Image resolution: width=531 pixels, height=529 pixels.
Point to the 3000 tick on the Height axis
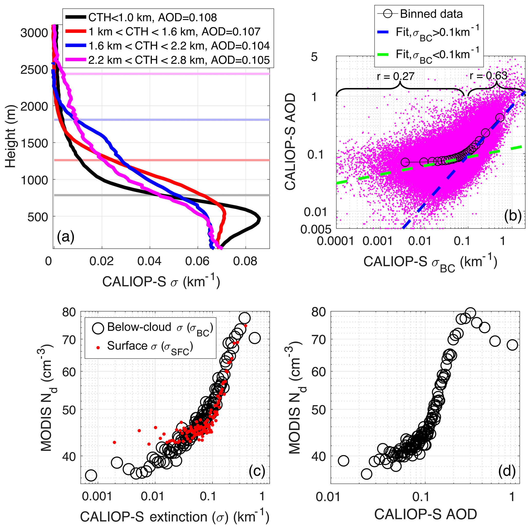click(34, 33)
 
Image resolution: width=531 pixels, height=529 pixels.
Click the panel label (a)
click(66, 237)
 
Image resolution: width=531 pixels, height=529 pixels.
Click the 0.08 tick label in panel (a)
click(245, 261)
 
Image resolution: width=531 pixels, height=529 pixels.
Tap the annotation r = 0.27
click(396, 76)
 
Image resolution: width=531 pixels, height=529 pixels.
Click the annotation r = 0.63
click(488, 75)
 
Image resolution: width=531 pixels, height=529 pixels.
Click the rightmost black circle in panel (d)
click(512, 345)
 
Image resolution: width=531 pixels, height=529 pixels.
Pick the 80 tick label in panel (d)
click(320, 312)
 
